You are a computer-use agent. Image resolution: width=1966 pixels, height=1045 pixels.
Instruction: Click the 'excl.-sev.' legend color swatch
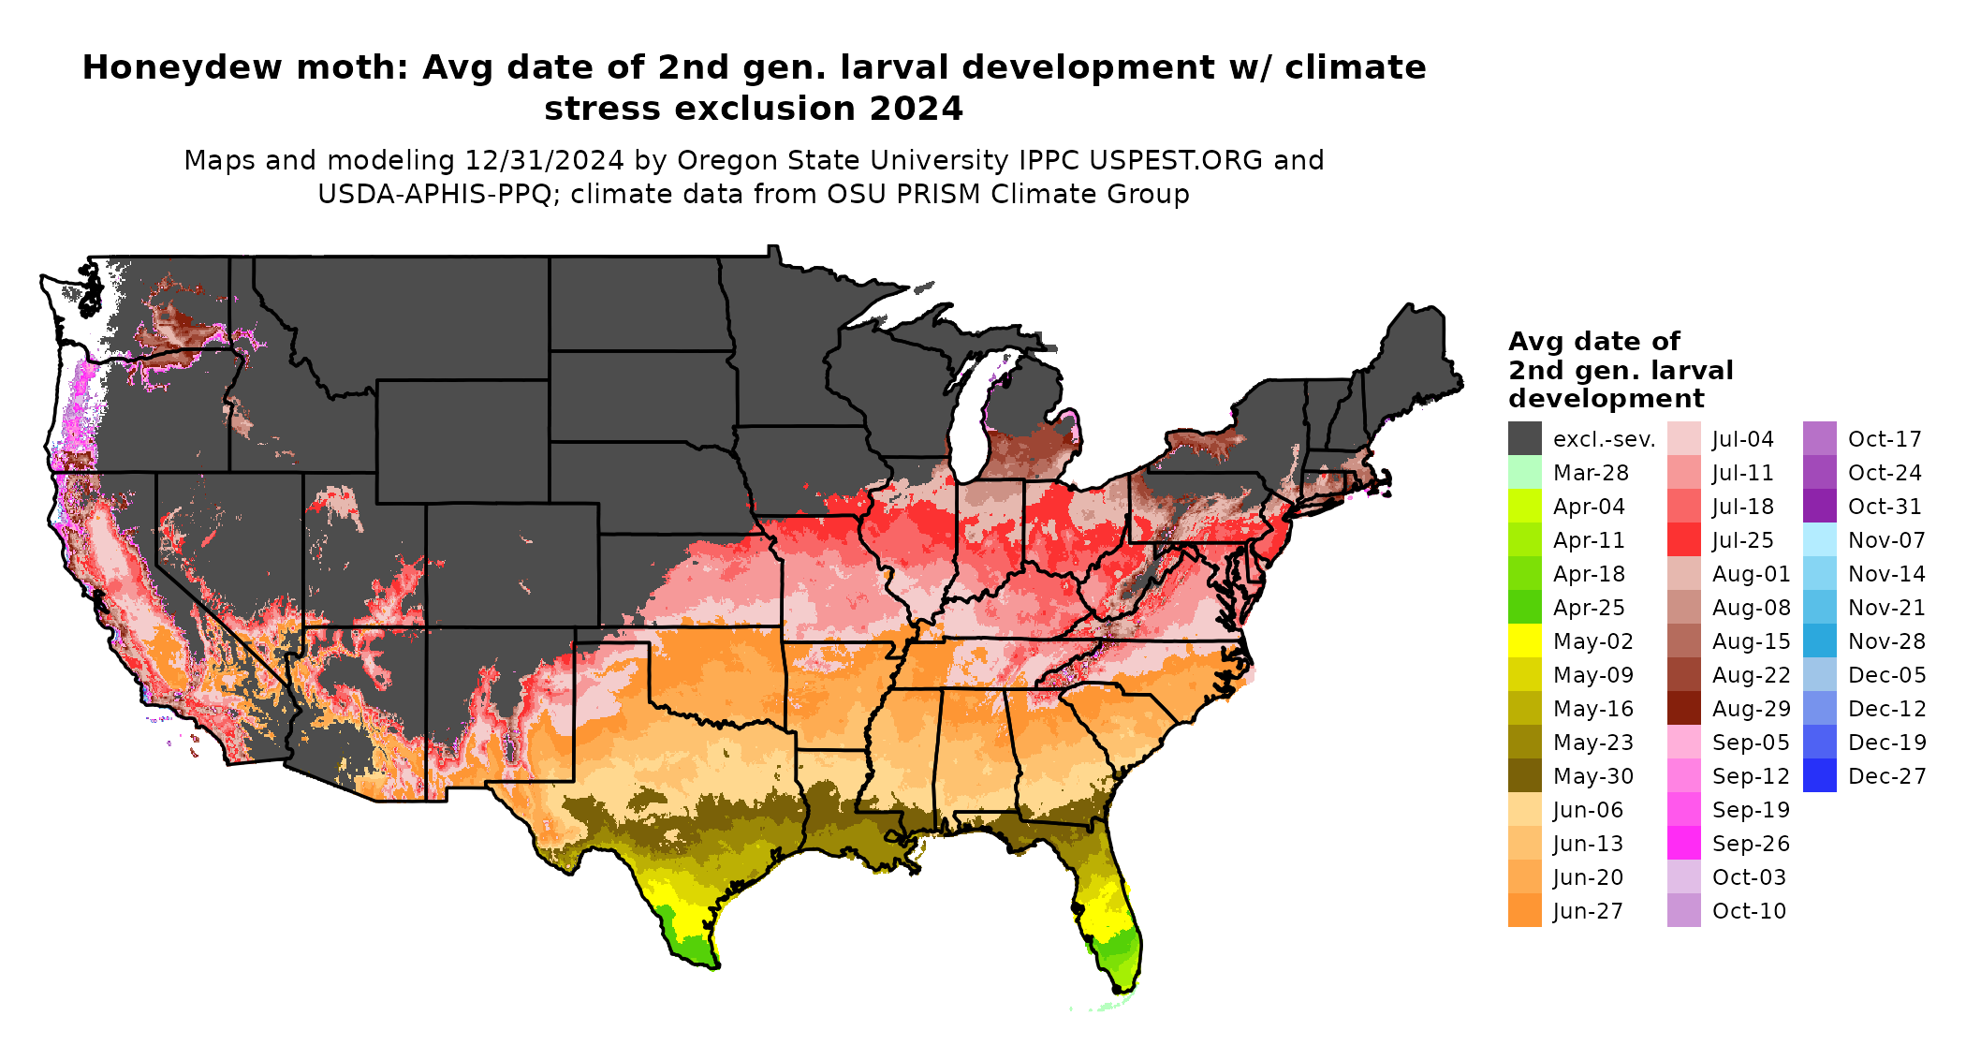coord(1524,438)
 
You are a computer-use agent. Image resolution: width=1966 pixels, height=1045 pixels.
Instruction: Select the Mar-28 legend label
coord(1591,473)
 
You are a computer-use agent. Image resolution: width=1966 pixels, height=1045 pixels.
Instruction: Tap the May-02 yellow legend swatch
coord(1524,640)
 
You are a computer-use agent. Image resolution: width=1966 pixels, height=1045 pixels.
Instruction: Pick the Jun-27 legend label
coord(1588,911)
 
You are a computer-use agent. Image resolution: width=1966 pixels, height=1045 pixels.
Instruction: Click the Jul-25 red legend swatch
coord(1683,539)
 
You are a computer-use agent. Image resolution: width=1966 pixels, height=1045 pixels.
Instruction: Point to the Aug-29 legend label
coord(1751,709)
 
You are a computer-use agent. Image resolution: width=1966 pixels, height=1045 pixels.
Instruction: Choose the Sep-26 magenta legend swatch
coord(1683,843)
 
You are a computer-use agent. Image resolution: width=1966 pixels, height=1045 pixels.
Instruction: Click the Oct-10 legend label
coord(1749,911)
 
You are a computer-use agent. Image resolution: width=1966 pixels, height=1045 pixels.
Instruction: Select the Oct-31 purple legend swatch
coord(1819,506)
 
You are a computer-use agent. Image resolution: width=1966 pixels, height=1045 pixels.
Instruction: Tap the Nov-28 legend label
coord(1886,641)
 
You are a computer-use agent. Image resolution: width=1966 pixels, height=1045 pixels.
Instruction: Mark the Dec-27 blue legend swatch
coord(1819,775)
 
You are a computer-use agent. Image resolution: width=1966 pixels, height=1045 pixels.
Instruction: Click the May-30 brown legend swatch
coord(1524,775)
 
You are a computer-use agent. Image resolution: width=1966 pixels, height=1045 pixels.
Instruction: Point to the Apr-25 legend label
coord(1589,608)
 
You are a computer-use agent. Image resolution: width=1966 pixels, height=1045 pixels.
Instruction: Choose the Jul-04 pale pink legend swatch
coord(1683,438)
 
